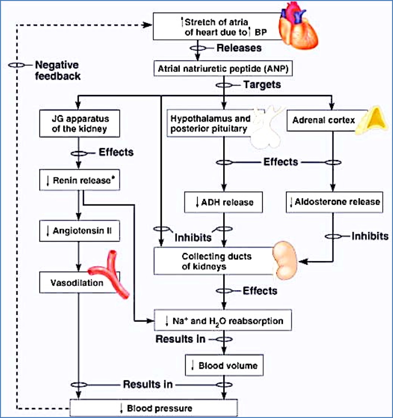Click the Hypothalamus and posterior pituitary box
coord(210,123)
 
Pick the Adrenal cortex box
coord(325,120)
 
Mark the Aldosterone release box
coord(335,202)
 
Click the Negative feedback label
coord(57,70)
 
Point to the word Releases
coord(239,48)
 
